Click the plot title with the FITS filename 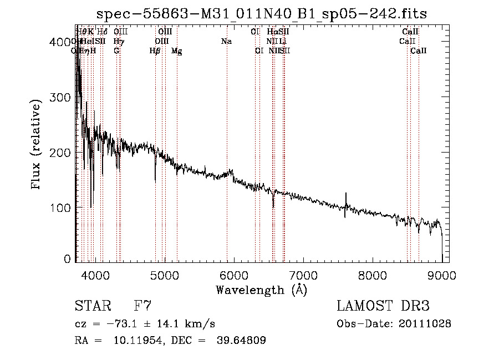tap(262, 13)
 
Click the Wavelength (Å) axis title tap(261, 290)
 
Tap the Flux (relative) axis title tap(37, 145)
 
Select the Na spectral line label tap(226, 42)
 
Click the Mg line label tap(176, 51)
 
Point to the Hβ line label tap(155, 51)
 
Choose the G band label tap(116, 51)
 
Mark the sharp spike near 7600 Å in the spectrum tap(346, 202)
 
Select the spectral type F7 tap(142, 306)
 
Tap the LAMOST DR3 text tap(383, 306)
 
